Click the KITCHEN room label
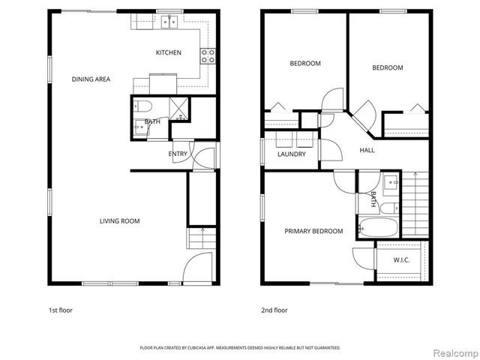168,52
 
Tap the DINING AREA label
91,79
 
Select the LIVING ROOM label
120,220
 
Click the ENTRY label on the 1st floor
178,154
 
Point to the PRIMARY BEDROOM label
313,231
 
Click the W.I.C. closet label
402,260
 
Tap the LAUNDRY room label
291,154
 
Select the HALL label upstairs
367,150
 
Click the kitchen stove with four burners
208,55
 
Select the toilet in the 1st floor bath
145,106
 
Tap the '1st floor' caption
60,310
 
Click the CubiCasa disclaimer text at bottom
240,348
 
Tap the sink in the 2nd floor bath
391,181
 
